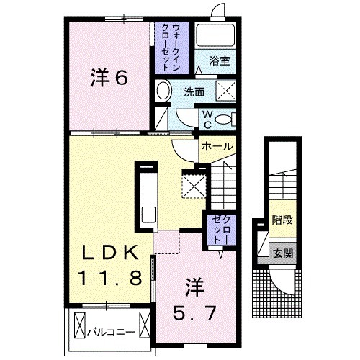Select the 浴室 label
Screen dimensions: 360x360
click(x=220, y=61)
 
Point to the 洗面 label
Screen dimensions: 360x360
click(x=194, y=91)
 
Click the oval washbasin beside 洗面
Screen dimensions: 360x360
click(x=163, y=91)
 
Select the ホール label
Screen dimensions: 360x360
click(x=217, y=146)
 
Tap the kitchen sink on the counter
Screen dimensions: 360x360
click(x=148, y=214)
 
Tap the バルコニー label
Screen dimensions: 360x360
click(x=112, y=333)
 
